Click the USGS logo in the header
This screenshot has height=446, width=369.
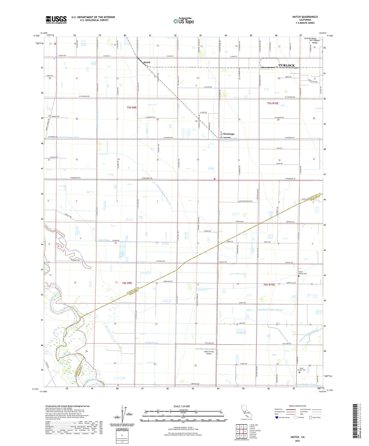coord(56,19)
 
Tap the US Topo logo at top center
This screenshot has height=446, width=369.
coord(183,21)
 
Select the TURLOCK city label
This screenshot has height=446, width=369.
coord(287,66)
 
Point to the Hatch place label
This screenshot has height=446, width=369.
coord(147,62)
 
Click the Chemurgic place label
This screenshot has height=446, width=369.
coord(228,134)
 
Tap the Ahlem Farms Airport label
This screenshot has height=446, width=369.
coord(209,353)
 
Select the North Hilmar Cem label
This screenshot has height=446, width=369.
coord(303,273)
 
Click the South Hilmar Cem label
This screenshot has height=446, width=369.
coord(301,369)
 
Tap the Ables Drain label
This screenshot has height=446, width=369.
coord(104,240)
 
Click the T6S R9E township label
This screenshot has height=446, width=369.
coord(127,283)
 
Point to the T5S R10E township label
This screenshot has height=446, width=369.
coord(273,103)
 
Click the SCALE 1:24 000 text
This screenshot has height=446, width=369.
coord(182,406)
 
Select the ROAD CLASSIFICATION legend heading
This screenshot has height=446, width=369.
coord(297,406)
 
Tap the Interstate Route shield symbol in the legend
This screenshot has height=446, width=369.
coord(277,417)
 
